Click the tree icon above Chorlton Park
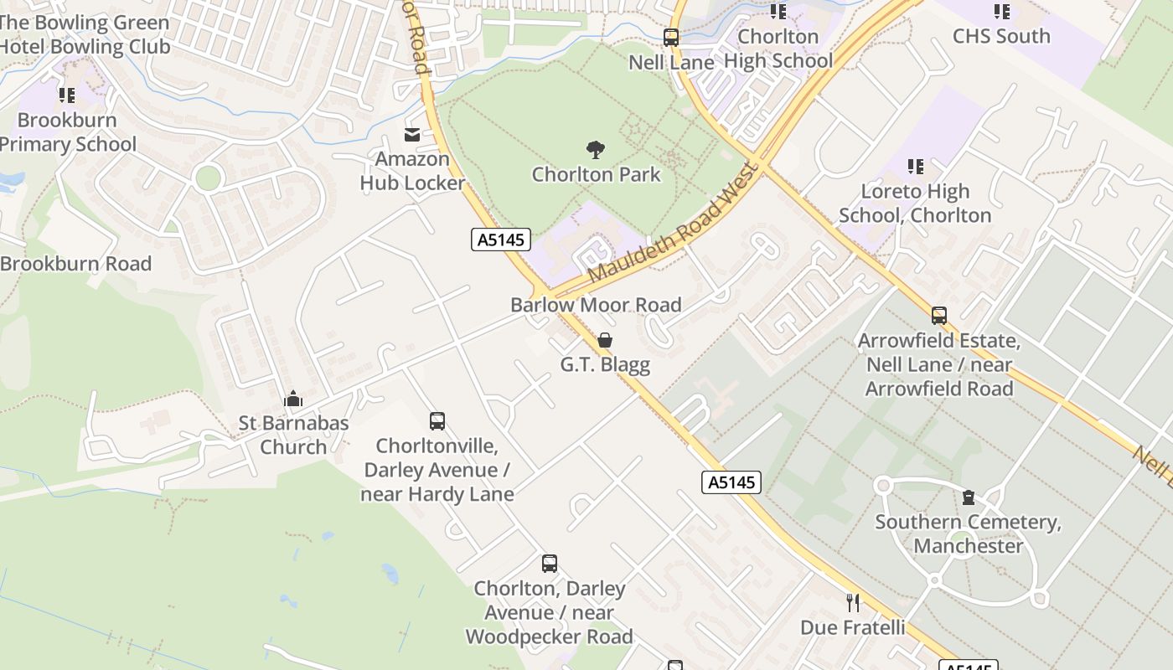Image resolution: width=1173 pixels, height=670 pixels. tap(596, 150)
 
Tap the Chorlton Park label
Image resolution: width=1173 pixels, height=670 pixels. tap(596, 175)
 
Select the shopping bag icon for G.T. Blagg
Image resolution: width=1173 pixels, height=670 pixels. tap(604, 340)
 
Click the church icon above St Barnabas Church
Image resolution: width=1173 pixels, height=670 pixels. tap(292, 399)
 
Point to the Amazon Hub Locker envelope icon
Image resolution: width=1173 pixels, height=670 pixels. tap(411, 134)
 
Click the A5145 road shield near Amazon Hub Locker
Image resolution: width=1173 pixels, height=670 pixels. tap(500, 240)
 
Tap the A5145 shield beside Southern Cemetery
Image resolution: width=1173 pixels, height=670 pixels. tap(731, 482)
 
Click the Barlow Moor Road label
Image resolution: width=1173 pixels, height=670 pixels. tap(596, 305)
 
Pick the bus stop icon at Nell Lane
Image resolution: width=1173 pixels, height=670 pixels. tap(670, 38)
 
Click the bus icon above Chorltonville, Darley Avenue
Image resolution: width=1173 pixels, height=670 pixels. tap(437, 420)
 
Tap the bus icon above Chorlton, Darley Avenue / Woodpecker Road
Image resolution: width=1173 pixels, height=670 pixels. tap(549, 564)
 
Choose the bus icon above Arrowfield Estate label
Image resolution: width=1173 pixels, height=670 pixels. tap(938, 316)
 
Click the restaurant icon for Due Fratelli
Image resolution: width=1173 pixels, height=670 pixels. tap(852, 603)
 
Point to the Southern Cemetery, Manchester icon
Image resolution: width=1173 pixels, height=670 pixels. tap(969, 497)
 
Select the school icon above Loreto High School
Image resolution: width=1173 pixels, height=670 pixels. tap(915, 167)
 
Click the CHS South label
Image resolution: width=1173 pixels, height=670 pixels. tap(1000, 36)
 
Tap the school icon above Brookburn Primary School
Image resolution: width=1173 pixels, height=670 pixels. tap(66, 95)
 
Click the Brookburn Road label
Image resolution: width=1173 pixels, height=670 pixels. tap(75, 264)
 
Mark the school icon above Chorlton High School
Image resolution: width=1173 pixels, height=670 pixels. tap(778, 12)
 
